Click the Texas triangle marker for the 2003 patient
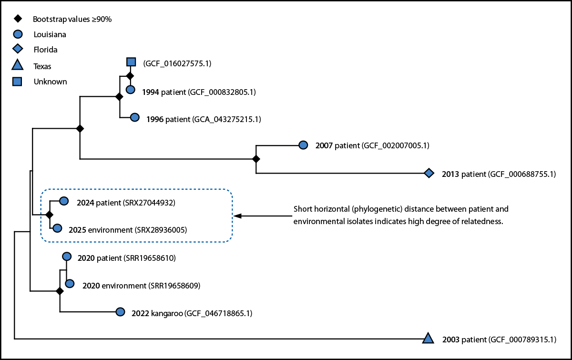click(428, 339)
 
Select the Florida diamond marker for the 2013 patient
click(429, 174)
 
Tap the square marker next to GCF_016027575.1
click(131, 62)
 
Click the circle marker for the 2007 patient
click(303, 145)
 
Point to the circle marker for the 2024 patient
click(63, 202)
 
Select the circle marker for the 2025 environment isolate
click(57, 228)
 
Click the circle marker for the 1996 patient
click(134, 117)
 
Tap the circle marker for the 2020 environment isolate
click(70, 284)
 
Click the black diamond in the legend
click(17, 19)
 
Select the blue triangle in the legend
click(17, 65)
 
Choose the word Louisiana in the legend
click(50, 34)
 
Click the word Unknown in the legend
click(50, 82)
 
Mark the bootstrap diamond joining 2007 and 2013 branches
click(256, 159)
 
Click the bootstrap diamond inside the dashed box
click(49, 216)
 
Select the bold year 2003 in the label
click(450, 339)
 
